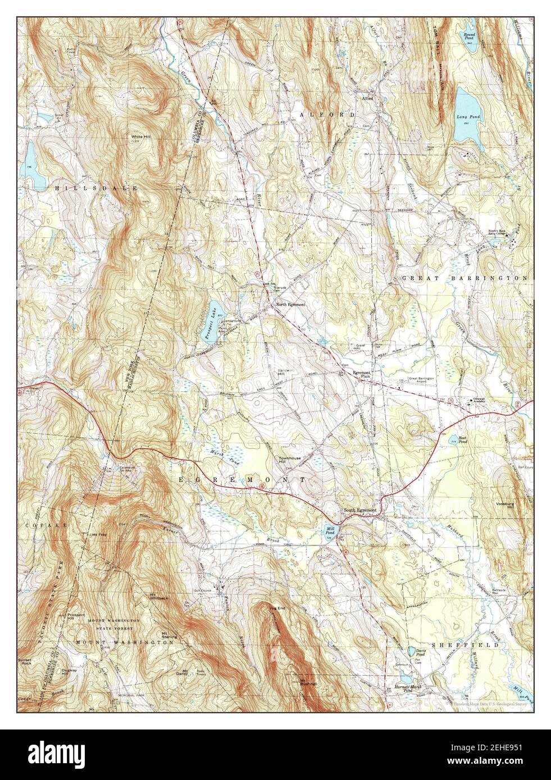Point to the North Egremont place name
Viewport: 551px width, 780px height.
(290, 304)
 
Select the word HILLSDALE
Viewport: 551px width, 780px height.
(96, 189)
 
